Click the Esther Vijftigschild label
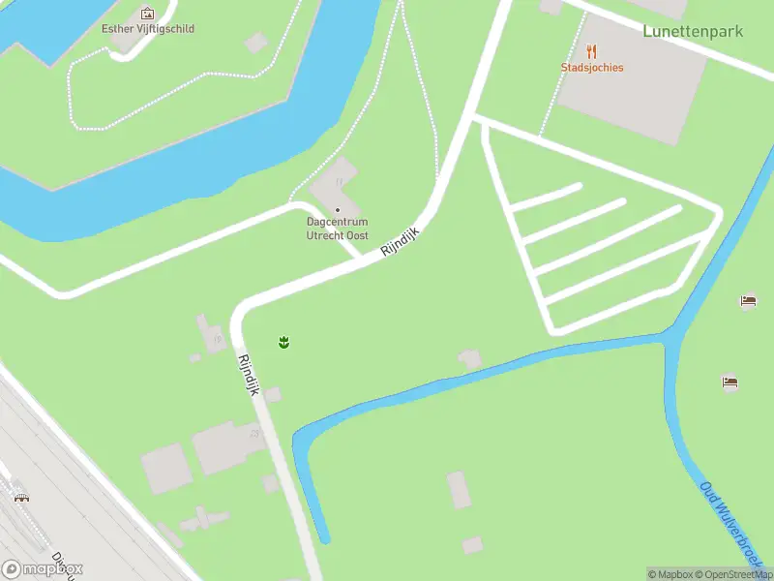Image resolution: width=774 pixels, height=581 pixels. [x=148, y=29]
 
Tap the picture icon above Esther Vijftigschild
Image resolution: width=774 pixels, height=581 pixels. [x=147, y=14]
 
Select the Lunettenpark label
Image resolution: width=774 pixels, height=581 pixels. [x=693, y=31]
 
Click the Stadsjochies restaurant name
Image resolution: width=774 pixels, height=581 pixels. [x=592, y=68]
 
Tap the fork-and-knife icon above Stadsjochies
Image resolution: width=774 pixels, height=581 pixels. [x=592, y=51]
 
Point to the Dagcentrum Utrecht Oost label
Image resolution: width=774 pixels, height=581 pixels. [x=338, y=229]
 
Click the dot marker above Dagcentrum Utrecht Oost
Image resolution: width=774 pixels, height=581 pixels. [x=338, y=210]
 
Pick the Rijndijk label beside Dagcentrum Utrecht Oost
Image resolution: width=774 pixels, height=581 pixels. [x=402, y=241]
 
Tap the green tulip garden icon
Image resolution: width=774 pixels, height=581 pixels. [x=284, y=342]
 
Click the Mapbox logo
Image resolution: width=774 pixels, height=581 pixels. [x=43, y=569]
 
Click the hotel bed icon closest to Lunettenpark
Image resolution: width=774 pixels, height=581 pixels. [x=748, y=301]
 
